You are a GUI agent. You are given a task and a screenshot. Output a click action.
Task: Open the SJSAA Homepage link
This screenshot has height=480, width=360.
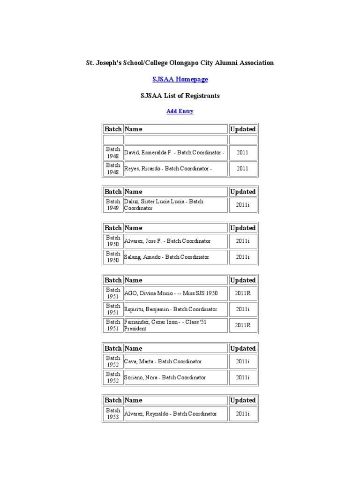tap(180, 79)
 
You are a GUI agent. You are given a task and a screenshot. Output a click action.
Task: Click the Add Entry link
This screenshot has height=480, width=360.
tap(180, 111)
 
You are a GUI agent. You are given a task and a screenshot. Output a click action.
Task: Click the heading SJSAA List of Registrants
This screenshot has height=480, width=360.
tap(180, 96)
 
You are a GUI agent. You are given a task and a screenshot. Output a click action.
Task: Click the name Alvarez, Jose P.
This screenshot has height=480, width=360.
tap(167, 241)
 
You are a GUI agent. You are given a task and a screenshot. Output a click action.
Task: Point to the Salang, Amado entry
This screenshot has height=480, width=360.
tap(166, 257)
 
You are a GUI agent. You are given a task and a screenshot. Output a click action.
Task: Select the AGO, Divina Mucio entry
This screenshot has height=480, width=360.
tap(171, 293)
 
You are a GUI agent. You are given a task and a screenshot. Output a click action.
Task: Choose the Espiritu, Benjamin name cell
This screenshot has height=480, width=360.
tap(171, 309)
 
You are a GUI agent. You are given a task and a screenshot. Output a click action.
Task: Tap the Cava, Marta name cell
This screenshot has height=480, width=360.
tap(163, 361)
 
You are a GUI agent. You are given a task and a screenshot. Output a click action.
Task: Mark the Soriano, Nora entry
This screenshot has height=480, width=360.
tap(165, 377)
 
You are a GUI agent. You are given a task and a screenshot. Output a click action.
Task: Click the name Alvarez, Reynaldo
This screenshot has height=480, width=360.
tap(171, 414)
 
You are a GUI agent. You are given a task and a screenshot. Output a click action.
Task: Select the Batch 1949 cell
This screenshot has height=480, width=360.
tap(113, 205)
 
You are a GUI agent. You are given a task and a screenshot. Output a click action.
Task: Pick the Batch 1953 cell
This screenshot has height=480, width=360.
tap(113, 414)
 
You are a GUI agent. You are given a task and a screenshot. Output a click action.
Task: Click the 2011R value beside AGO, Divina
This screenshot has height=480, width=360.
tap(243, 293)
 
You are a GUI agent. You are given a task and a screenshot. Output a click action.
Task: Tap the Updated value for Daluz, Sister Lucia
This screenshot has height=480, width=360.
tap(243, 205)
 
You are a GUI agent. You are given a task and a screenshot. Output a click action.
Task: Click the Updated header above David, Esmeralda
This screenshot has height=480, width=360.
tap(243, 129)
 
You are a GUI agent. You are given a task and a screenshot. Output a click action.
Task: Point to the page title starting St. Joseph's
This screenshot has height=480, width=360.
tap(180, 62)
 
